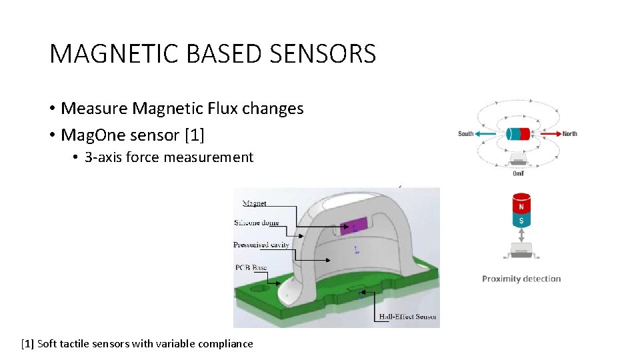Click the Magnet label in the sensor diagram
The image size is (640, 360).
[254, 203]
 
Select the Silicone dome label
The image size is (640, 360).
[257, 223]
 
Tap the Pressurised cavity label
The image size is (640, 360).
[261, 245]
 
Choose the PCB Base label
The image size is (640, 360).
[251, 267]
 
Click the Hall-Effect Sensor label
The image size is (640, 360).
[407, 316]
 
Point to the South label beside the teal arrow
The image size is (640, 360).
[466, 134]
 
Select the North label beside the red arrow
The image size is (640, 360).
[570, 134]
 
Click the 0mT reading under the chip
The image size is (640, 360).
[519, 173]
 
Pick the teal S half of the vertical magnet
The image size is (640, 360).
[520, 221]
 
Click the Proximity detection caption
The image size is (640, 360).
[521, 279]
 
